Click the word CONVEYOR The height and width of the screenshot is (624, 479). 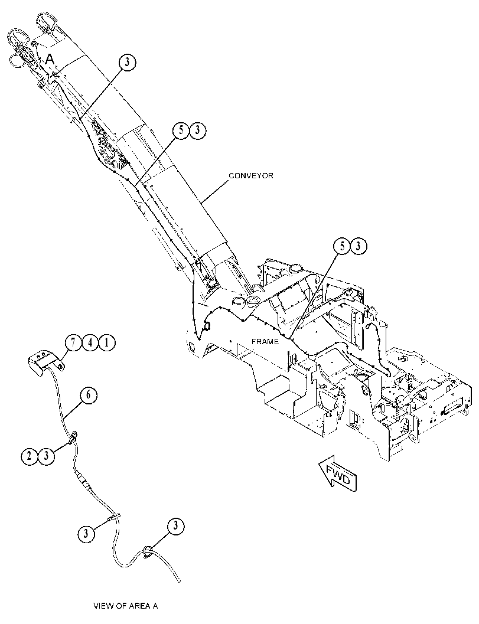251,175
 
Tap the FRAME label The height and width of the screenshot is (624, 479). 265,341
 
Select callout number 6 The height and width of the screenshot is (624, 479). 89,396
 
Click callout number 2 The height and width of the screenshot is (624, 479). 29,455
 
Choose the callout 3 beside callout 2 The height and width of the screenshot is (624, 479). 45,455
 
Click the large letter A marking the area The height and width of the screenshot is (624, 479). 50,59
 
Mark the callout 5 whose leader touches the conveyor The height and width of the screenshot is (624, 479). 181,131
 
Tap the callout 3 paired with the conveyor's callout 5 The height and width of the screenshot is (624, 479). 198,131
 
